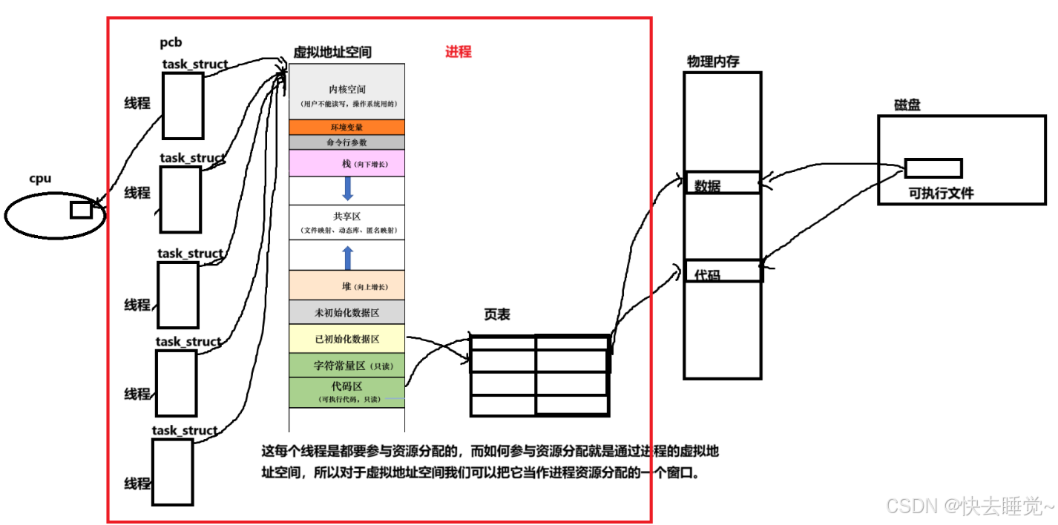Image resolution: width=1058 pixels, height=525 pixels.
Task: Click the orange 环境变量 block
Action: click(x=346, y=127)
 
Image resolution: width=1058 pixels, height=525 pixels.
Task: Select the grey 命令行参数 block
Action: click(x=346, y=142)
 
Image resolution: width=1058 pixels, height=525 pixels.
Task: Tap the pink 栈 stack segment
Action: click(x=346, y=163)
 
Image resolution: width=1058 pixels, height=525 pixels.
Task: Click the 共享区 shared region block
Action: click(x=346, y=222)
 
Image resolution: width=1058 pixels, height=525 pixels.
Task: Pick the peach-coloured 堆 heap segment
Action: click(x=346, y=286)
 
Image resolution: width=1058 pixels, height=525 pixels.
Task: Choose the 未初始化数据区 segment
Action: click(x=346, y=312)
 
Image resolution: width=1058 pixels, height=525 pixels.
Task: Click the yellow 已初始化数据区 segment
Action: click(x=346, y=339)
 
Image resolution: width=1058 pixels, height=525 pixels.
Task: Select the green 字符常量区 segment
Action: click(x=346, y=365)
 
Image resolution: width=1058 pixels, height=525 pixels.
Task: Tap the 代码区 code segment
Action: click(x=346, y=392)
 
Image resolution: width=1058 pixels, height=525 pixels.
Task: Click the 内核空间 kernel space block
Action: click(x=346, y=92)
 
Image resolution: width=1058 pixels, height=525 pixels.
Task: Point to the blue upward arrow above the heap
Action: click(x=347, y=258)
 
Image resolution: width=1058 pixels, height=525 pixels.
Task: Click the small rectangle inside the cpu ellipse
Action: click(x=81, y=210)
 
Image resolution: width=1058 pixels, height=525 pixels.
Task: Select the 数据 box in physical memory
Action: click(x=723, y=183)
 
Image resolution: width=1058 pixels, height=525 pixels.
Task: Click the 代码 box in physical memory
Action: click(x=723, y=271)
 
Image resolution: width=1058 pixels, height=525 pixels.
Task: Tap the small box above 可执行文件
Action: click(x=933, y=168)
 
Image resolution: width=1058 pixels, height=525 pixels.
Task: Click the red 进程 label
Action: click(x=458, y=52)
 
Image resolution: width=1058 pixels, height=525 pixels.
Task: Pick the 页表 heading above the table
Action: click(x=497, y=315)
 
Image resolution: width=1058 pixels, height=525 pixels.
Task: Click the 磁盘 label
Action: click(x=907, y=105)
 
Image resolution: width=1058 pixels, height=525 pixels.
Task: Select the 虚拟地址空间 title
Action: click(x=332, y=52)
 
